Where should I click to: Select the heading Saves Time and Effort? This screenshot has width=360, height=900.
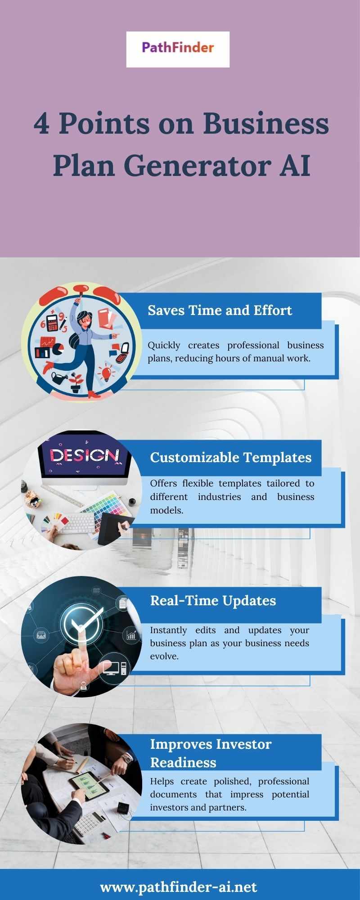(220, 310)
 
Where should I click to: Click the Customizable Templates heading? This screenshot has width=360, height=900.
(231, 457)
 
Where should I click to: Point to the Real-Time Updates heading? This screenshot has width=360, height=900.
(213, 600)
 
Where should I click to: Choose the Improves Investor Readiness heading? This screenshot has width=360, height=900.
(211, 753)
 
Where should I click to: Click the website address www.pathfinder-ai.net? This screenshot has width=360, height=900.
(179, 886)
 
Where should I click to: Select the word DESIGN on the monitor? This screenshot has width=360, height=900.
(85, 455)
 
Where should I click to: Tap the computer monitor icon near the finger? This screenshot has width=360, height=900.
(111, 667)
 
